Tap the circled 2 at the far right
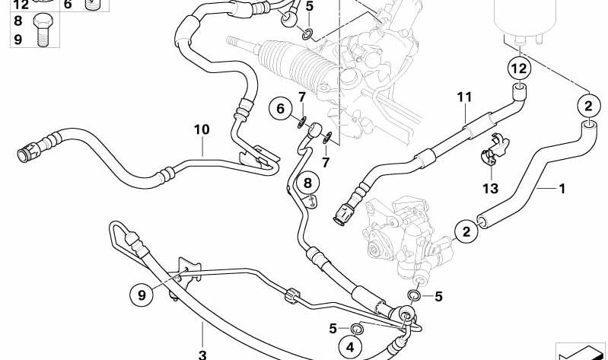(x=589, y=104)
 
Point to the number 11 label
(x=465, y=97)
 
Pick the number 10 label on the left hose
(x=201, y=130)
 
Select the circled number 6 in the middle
(x=280, y=110)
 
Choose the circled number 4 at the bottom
(x=350, y=346)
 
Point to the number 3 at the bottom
(x=202, y=355)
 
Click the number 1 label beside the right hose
(x=562, y=187)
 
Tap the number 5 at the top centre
(x=309, y=7)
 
